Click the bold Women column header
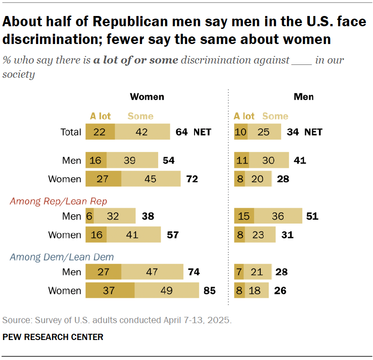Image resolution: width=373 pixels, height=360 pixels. click(147, 96)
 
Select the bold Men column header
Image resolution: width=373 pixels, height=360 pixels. click(304, 96)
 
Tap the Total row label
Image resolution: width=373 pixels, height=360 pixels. click(71, 132)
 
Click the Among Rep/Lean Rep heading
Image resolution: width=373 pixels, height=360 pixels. click(59, 201)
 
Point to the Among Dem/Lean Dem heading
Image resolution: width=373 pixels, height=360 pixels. click(62, 257)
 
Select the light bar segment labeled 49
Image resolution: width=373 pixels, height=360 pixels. click(167, 291)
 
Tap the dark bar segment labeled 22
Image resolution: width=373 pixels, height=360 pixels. click(100, 132)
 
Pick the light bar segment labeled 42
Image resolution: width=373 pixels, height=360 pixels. click(142, 132)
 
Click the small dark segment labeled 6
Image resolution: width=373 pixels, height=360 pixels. click(89, 216)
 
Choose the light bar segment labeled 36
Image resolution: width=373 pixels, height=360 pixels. click(278, 216)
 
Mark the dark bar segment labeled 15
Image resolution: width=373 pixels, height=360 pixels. click(244, 216)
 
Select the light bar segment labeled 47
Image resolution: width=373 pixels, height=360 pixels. click(152, 272)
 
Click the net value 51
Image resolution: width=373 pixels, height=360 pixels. click(312, 216)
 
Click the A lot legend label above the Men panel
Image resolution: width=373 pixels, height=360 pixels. click(244, 116)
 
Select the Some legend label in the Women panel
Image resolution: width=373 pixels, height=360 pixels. click(140, 116)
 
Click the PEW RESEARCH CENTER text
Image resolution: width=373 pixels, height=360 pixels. click(53, 337)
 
